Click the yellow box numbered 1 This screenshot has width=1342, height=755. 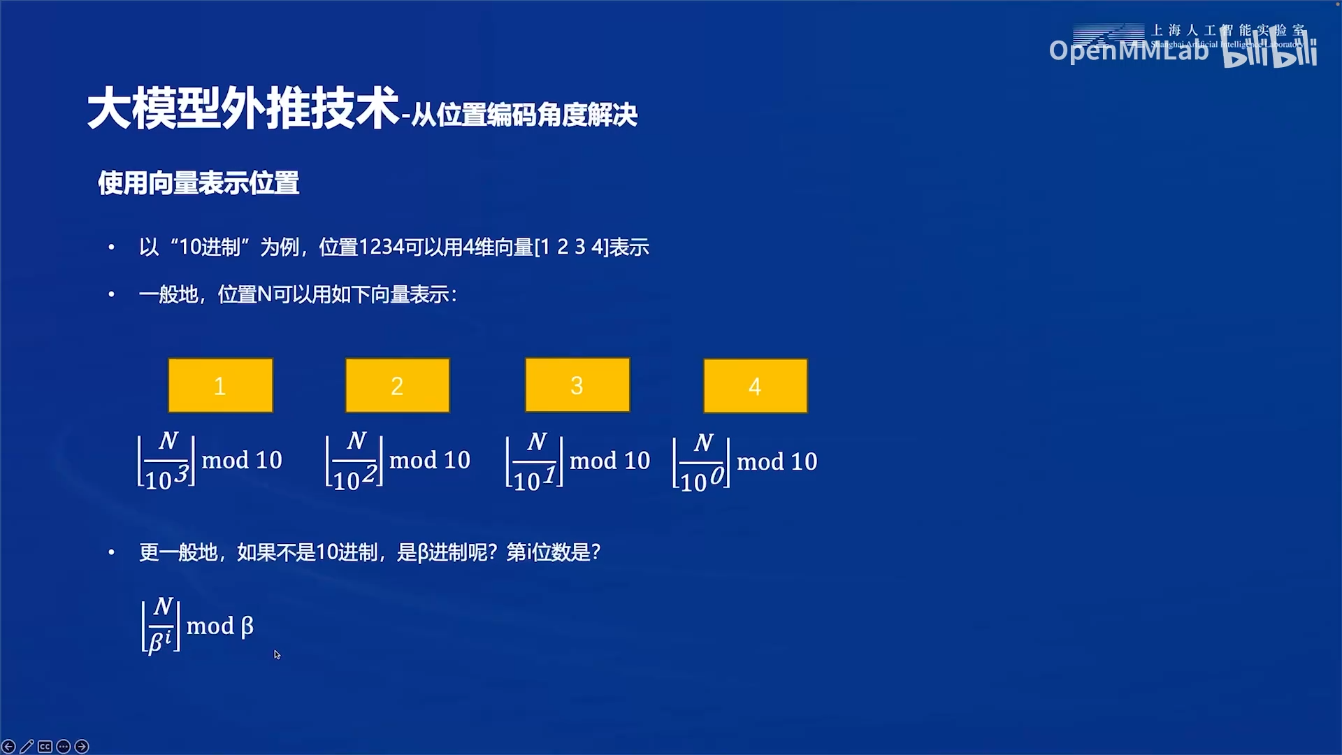coord(220,385)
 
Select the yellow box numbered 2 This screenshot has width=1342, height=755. coord(397,385)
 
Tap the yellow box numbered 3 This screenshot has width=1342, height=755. coord(577,384)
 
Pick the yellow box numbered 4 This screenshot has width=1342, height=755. coord(755,386)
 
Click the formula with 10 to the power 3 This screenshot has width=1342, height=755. coord(210,461)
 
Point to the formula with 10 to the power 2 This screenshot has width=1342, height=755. coord(398,461)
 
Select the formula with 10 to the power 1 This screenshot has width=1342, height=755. coord(578,461)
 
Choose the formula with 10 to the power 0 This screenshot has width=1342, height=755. coord(744,462)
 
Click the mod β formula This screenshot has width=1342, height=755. coord(197,625)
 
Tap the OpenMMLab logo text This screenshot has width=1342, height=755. coord(1128,50)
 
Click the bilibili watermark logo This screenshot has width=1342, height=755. coord(1270,50)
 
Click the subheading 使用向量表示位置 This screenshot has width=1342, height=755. coord(199,183)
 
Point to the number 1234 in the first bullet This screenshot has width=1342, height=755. coord(381,247)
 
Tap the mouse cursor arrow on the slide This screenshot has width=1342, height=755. coord(277,654)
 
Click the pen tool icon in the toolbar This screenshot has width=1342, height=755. coord(27,747)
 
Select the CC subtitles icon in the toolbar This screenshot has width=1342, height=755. coord(45,747)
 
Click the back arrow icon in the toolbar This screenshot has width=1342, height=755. coord(8,747)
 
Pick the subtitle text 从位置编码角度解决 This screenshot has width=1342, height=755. coord(524,115)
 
